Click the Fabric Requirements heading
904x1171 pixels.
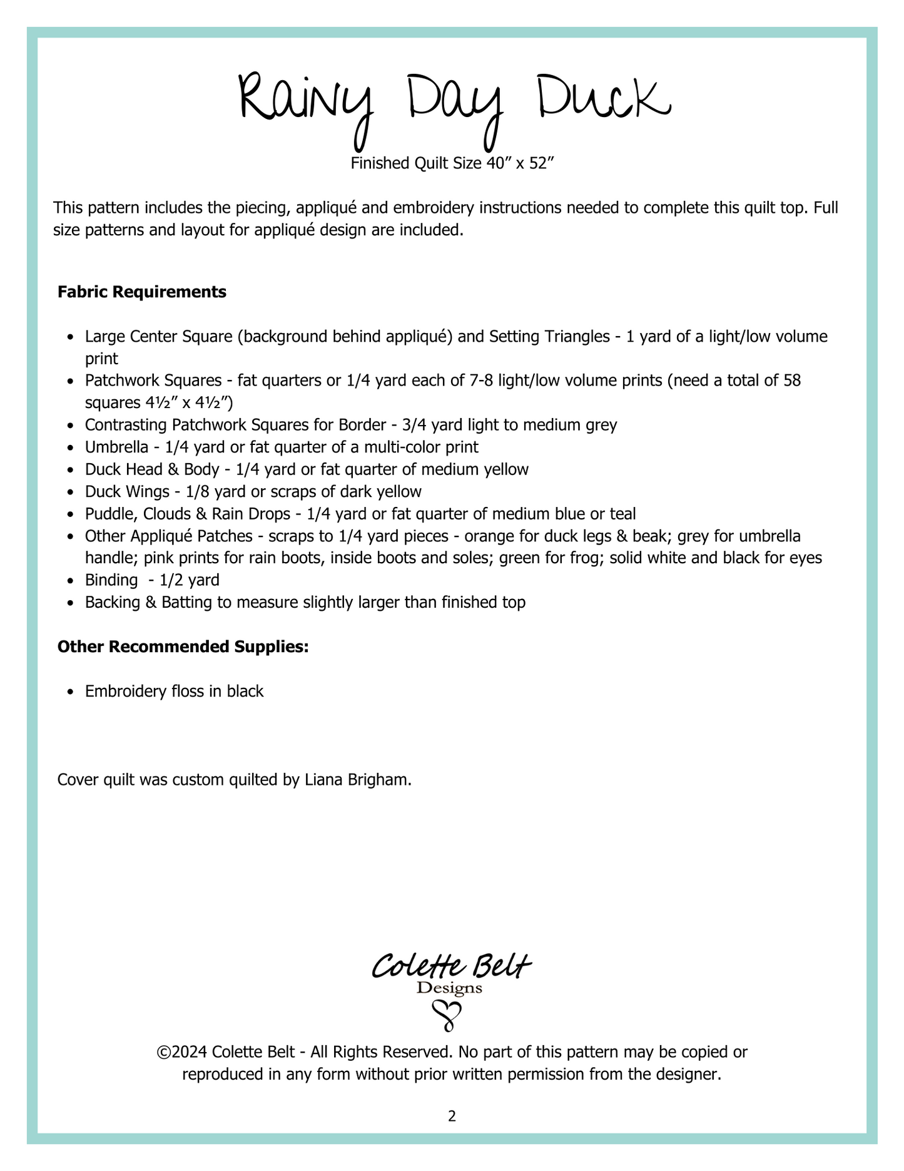[142, 292]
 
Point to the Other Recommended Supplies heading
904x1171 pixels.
[183, 647]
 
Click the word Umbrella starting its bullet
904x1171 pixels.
[116, 447]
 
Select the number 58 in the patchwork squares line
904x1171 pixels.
[792, 381]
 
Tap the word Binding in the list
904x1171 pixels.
[111, 580]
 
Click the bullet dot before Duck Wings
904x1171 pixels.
[71, 493]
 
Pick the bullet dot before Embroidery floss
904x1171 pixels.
[71, 692]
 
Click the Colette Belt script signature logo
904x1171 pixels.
[451, 967]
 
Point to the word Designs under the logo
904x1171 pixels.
[449, 989]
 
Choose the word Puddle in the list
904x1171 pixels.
[109, 514]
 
